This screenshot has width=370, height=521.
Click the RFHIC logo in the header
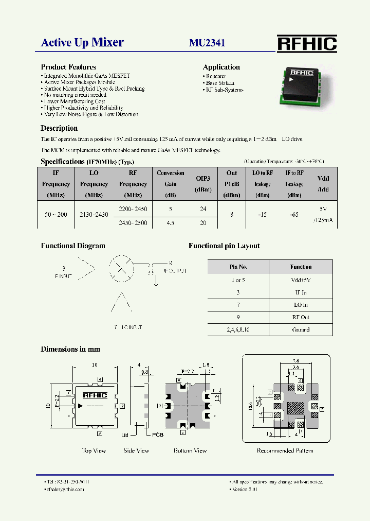(x=307, y=43)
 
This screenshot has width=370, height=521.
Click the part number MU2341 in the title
(x=207, y=43)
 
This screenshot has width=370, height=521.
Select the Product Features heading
(x=68, y=67)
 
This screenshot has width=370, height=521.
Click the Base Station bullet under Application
(x=220, y=83)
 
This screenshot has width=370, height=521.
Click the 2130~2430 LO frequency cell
(x=94, y=214)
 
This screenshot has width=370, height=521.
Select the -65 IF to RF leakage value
(x=294, y=214)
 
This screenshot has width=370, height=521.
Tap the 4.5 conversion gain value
(x=171, y=223)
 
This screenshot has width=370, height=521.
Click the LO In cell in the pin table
(x=301, y=305)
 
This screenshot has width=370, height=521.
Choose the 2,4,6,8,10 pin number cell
(x=238, y=329)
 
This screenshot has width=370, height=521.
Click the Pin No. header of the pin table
(x=238, y=267)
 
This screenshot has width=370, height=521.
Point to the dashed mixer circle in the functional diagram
(x=121, y=268)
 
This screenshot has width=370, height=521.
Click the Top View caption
(x=94, y=450)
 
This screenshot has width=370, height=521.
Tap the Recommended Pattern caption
(x=285, y=450)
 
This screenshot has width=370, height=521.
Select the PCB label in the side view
(x=158, y=435)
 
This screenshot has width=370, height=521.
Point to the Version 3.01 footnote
(x=244, y=489)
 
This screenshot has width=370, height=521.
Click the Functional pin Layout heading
(x=224, y=246)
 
